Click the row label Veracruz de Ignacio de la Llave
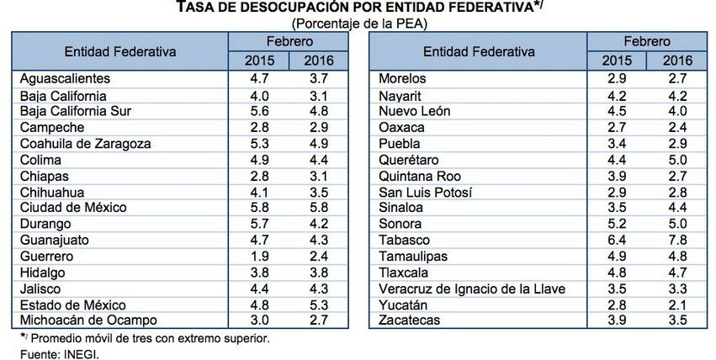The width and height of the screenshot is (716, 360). (x=470, y=289)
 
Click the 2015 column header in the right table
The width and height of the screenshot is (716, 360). (x=618, y=61)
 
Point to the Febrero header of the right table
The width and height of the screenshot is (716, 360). (x=647, y=40)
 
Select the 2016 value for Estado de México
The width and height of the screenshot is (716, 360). (x=318, y=304)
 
